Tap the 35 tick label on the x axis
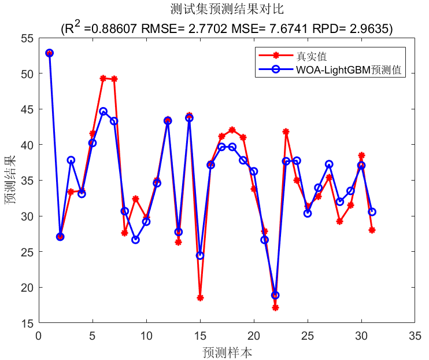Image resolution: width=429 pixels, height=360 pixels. click(415, 335)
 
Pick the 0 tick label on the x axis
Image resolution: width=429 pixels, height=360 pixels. click(39, 335)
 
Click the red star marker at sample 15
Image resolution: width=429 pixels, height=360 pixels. click(200, 297)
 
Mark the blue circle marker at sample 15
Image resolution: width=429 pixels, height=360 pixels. click(200, 255)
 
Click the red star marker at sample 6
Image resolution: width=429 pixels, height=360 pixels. click(103, 78)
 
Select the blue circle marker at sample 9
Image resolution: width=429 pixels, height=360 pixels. click(135, 240)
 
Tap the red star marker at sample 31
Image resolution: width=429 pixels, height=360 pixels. click(372, 230)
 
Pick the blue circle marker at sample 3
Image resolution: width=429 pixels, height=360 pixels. click(71, 160)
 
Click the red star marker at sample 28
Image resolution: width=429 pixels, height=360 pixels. click(340, 221)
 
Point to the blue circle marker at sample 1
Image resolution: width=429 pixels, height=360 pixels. click(49, 53)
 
